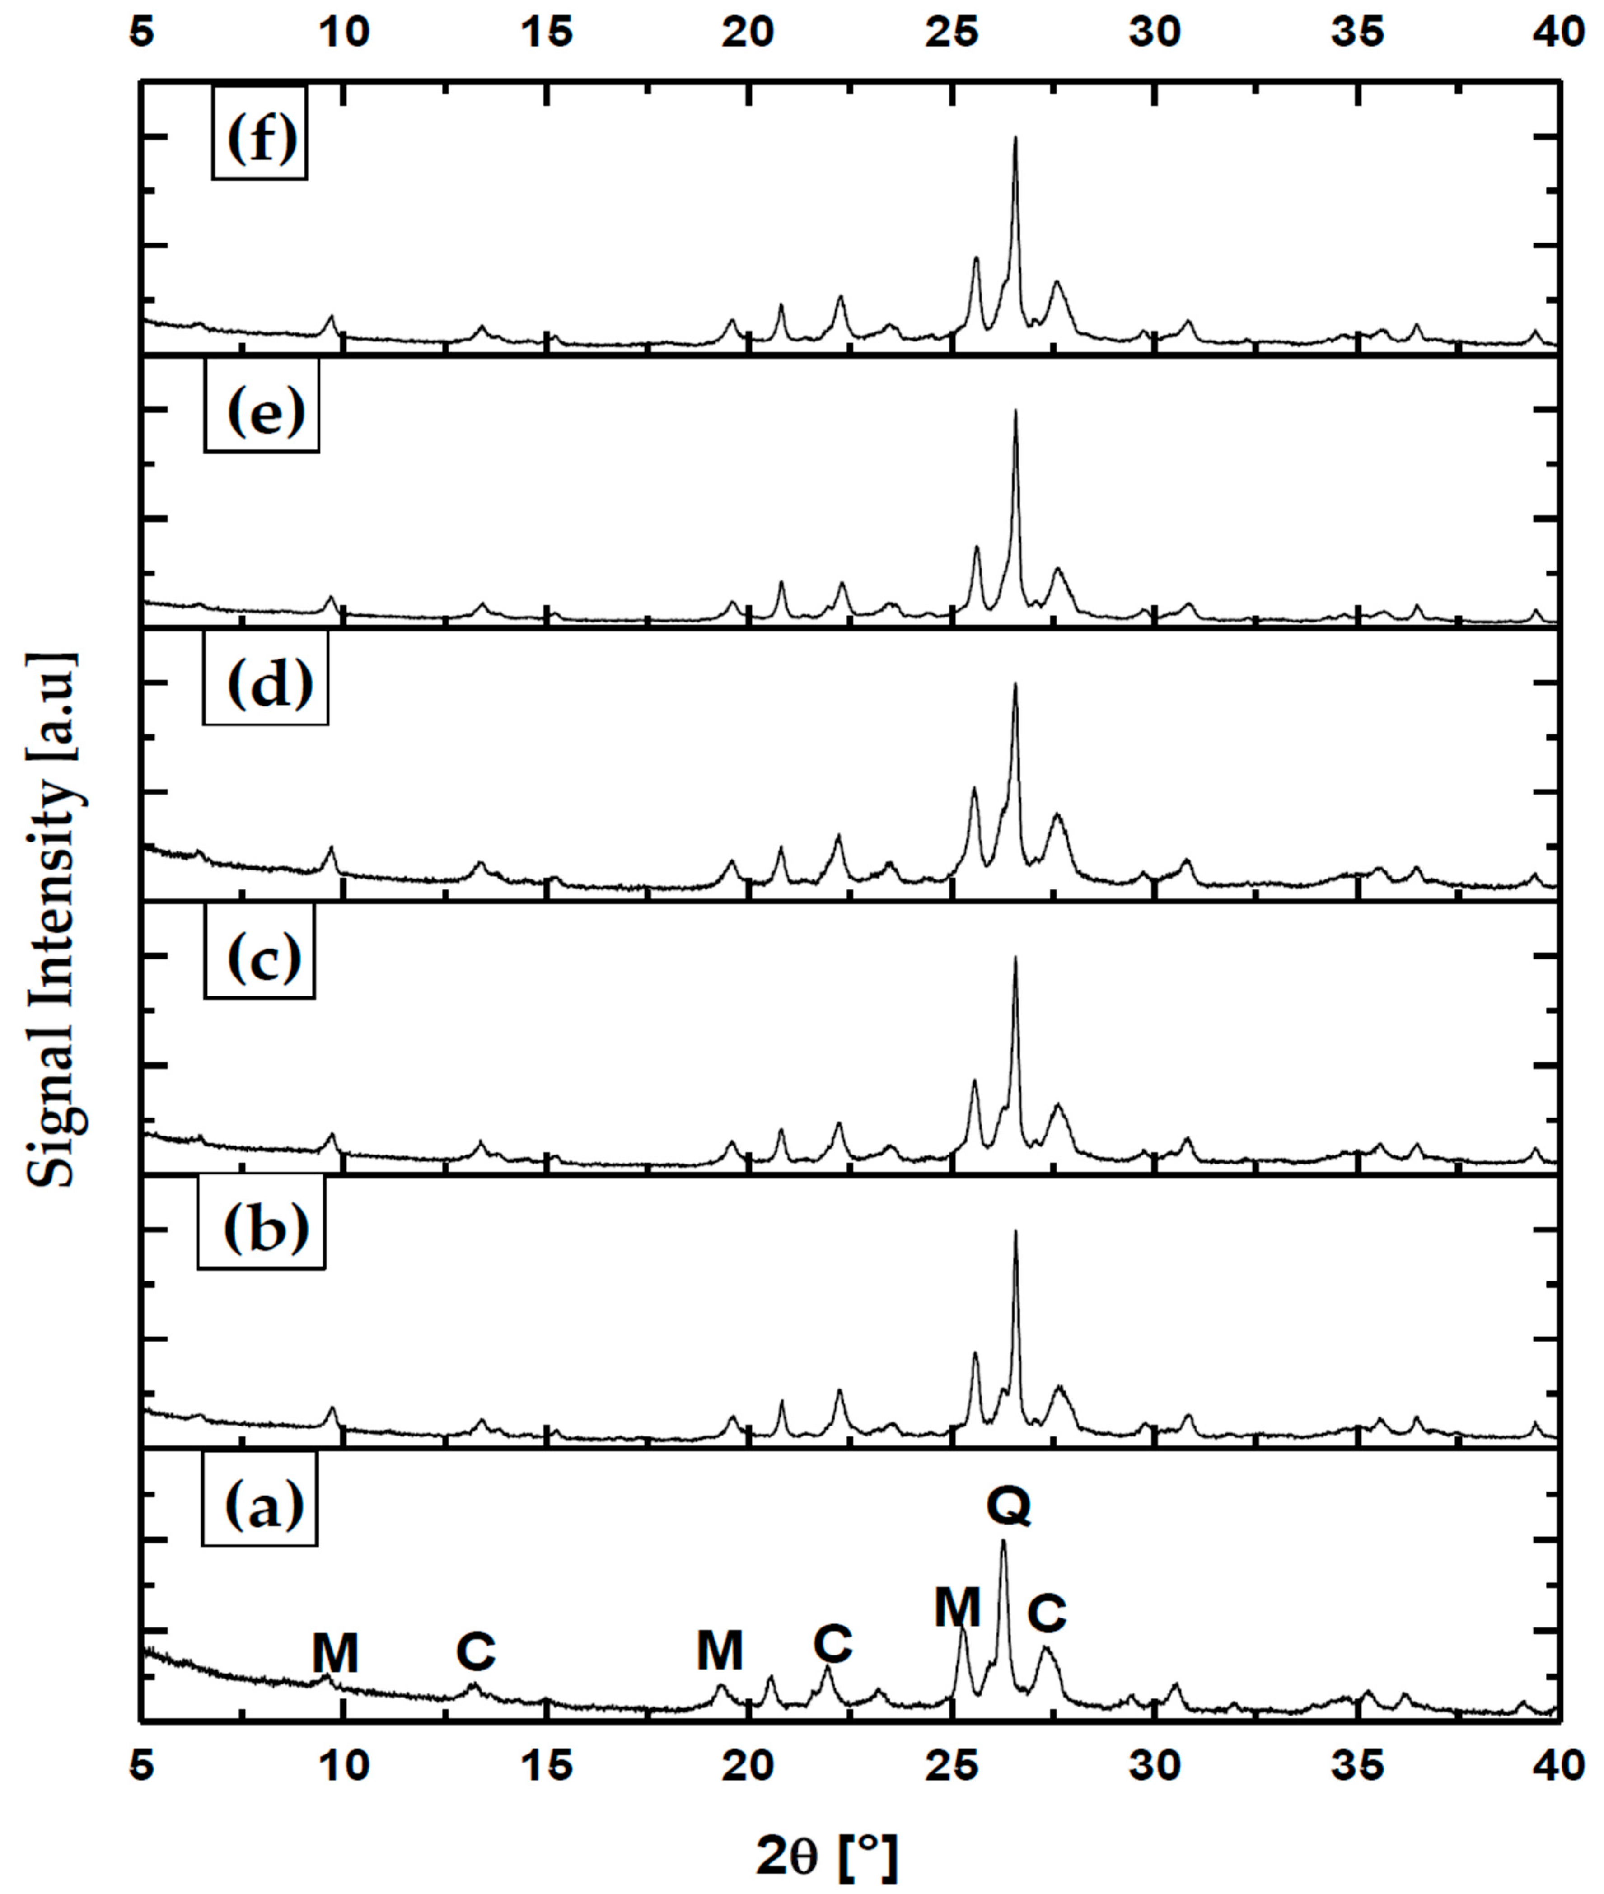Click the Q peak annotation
tap(1009, 1506)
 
